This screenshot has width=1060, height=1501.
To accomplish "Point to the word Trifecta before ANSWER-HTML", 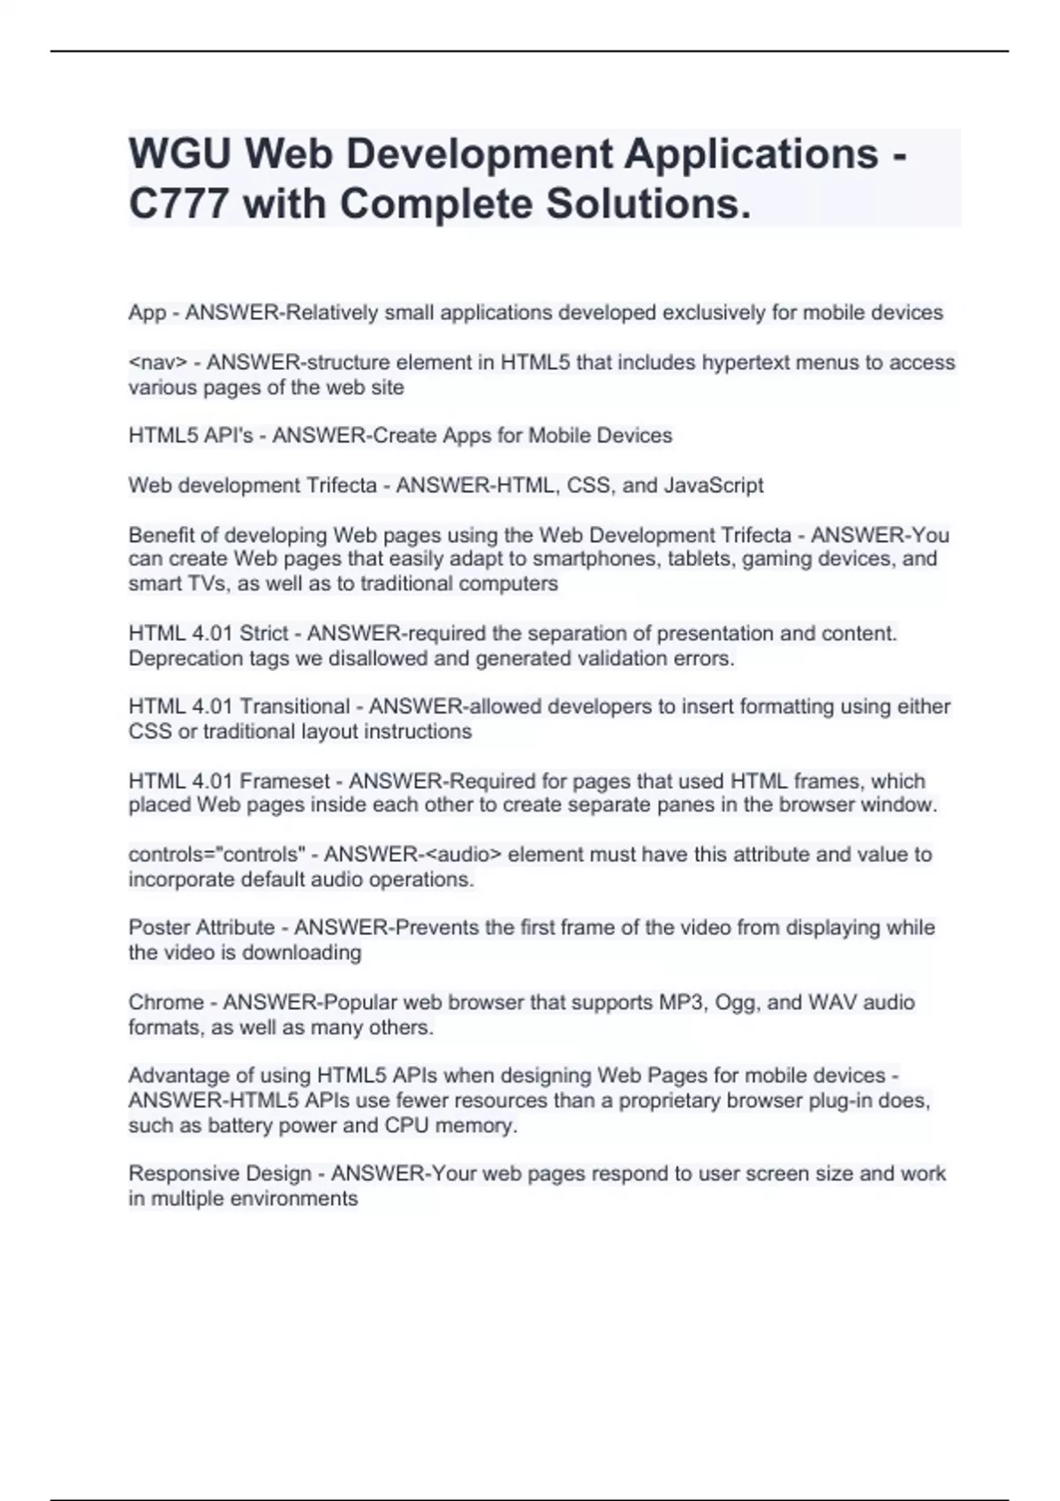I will click(340, 486).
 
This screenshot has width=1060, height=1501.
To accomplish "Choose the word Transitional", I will click(295, 707).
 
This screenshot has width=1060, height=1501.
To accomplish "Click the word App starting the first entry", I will click(147, 313).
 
